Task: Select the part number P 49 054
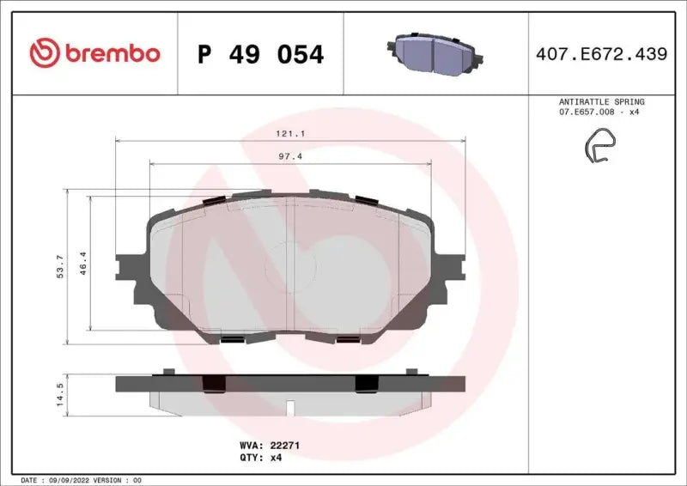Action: pyautogui.click(x=260, y=54)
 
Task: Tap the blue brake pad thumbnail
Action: pyautogui.click(x=435, y=54)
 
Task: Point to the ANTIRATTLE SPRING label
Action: pyautogui.click(x=601, y=101)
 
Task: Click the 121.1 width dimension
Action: pyautogui.click(x=291, y=134)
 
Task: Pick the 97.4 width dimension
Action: pyautogui.click(x=291, y=157)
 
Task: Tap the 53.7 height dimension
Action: pyautogui.click(x=59, y=267)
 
